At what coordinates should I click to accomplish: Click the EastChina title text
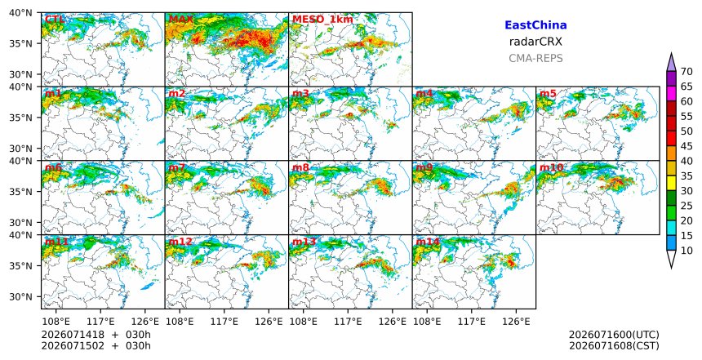[x=535, y=25]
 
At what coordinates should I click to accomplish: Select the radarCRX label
[x=535, y=42]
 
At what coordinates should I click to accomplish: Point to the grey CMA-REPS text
[x=535, y=58]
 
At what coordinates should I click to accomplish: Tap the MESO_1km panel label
[x=322, y=20]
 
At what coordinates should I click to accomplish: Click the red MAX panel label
[x=181, y=20]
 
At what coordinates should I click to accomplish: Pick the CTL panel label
[x=55, y=20]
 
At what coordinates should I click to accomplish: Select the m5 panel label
[x=548, y=94]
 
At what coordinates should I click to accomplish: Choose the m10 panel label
[x=551, y=168]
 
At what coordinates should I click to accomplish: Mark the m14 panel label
[x=428, y=242]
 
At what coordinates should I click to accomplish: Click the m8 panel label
[x=300, y=168]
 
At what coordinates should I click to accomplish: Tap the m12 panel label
[x=180, y=242]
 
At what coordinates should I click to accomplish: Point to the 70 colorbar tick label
[x=687, y=72]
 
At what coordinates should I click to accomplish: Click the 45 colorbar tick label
[x=687, y=146]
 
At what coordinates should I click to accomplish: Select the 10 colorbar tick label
[x=687, y=251]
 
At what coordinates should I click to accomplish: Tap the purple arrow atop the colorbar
[x=671, y=63]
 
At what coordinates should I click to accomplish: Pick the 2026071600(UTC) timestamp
[x=614, y=336]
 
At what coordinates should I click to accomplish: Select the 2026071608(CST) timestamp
[x=614, y=346]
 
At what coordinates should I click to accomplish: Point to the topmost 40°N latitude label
[x=20, y=12]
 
